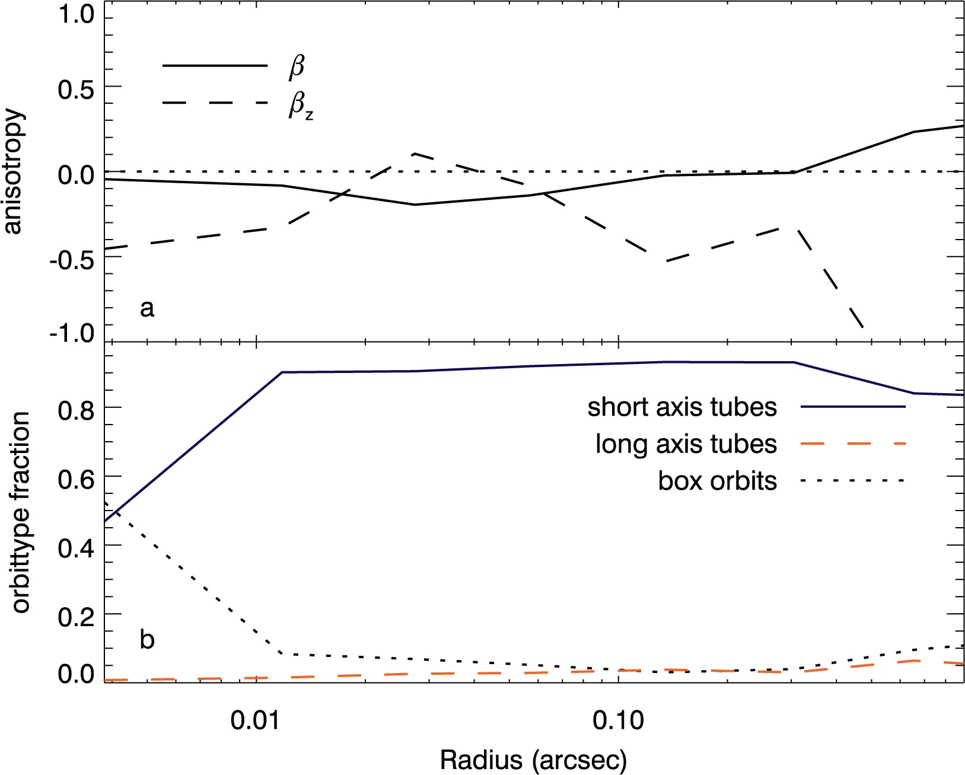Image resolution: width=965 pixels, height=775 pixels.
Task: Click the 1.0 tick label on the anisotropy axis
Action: [74, 16]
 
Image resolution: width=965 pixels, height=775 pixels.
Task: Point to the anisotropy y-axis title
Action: [13, 171]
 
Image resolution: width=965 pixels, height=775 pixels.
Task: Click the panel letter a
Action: [147, 308]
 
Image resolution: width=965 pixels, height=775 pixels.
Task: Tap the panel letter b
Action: [147, 640]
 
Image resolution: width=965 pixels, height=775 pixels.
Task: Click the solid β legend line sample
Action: [215, 66]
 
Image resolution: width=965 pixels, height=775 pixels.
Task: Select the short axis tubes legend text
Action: [682, 407]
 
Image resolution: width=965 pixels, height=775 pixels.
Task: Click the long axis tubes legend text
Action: [686, 444]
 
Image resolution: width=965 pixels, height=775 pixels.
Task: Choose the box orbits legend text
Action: [717, 480]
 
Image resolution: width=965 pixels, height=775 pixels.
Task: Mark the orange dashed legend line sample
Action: [853, 444]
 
